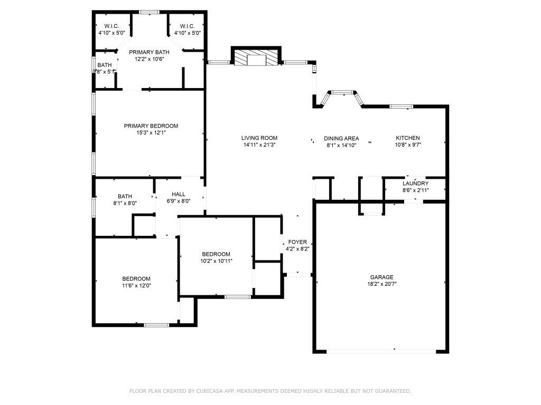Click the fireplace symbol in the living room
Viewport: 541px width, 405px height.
(256, 58)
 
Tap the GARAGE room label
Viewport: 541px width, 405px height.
(381, 277)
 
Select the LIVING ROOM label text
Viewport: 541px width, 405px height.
(260, 138)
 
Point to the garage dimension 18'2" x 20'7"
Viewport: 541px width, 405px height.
(381, 284)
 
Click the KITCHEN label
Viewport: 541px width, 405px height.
(408, 138)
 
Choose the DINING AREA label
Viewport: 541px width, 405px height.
(341, 138)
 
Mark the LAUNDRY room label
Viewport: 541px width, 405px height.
(415, 184)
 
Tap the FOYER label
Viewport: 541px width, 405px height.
(297, 242)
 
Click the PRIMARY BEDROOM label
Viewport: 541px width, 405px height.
(151, 126)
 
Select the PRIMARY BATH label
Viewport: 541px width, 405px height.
(150, 52)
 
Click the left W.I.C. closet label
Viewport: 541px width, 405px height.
(111, 26)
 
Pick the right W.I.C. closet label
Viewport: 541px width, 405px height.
(187, 26)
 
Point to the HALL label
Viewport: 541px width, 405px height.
(178, 194)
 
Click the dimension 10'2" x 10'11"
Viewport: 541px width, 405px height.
(216, 261)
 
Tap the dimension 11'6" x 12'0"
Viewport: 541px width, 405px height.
(136, 285)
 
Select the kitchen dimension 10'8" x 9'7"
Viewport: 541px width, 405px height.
(408, 144)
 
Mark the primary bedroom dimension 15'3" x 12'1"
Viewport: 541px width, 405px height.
(151, 133)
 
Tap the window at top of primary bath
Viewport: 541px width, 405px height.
(150, 12)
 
